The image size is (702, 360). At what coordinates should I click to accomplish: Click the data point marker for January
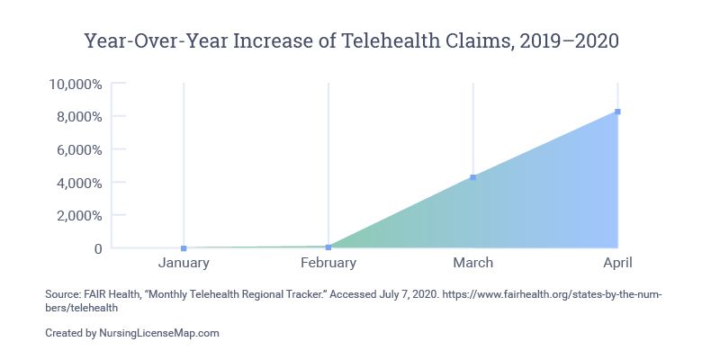point(184,248)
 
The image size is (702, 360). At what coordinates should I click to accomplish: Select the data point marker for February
point(328,247)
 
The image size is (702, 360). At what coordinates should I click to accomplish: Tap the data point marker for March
point(473,177)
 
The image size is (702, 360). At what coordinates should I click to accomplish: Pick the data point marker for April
point(618,112)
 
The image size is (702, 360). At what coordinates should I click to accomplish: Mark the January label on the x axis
point(184,263)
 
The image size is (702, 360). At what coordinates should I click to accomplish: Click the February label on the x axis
point(328,263)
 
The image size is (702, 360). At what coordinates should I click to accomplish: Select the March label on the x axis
point(473,263)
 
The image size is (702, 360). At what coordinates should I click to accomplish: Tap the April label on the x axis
point(618,263)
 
